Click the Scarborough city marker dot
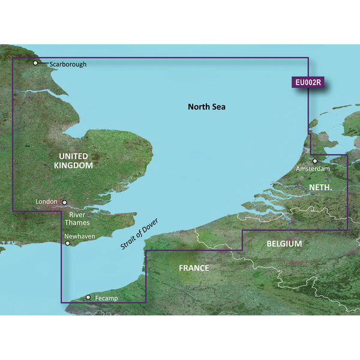[x=36, y=63]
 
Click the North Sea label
[x=206, y=107]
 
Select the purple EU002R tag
[x=308, y=83]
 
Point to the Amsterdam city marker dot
[x=314, y=161]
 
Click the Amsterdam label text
[x=313, y=170]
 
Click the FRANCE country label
[x=194, y=268]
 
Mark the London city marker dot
[x=65, y=203]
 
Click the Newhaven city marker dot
[x=67, y=244]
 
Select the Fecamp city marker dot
[x=88, y=297]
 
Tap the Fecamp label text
[x=107, y=298]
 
